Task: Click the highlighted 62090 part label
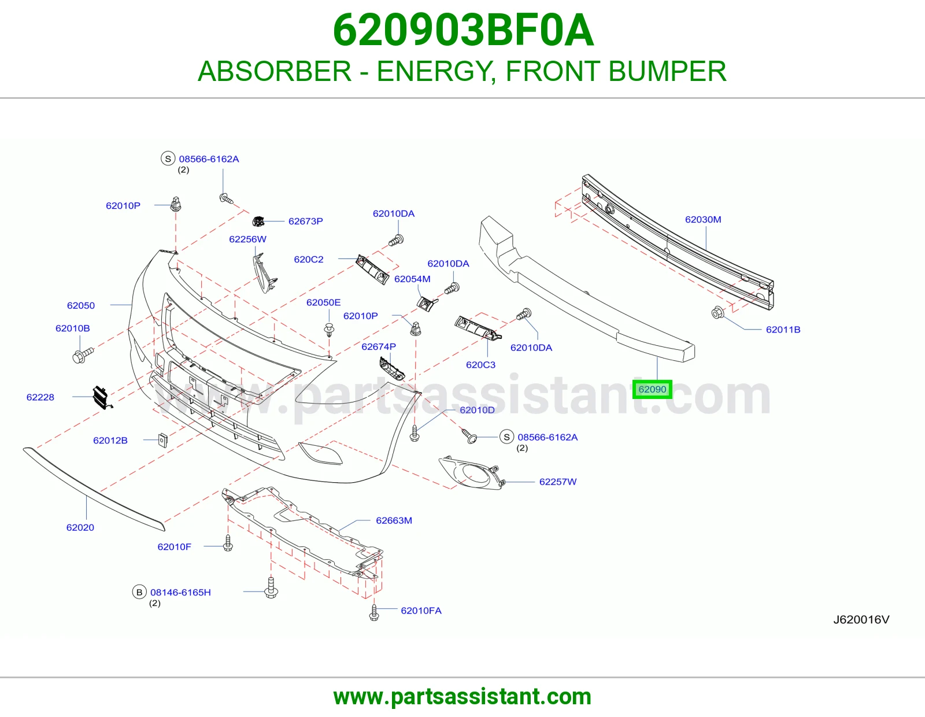[x=652, y=389]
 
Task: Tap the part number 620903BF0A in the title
[x=463, y=30]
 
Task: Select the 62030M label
[x=703, y=219]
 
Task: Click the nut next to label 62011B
[x=717, y=312]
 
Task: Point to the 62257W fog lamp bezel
[x=471, y=472]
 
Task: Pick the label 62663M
[x=394, y=520]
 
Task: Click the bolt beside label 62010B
[x=83, y=355]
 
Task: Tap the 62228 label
[x=40, y=397]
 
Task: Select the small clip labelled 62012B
[x=162, y=440]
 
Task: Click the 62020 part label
[x=80, y=527]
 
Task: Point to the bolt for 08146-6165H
[x=271, y=587]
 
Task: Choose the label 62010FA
[x=421, y=611]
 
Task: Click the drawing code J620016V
[x=861, y=619]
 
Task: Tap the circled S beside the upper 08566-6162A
[x=168, y=159]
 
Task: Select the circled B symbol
[x=139, y=592]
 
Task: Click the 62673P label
[x=306, y=221]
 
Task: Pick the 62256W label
[x=248, y=239]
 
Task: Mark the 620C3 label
[x=480, y=364]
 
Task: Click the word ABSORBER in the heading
[x=275, y=71]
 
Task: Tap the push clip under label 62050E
[x=329, y=330]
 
